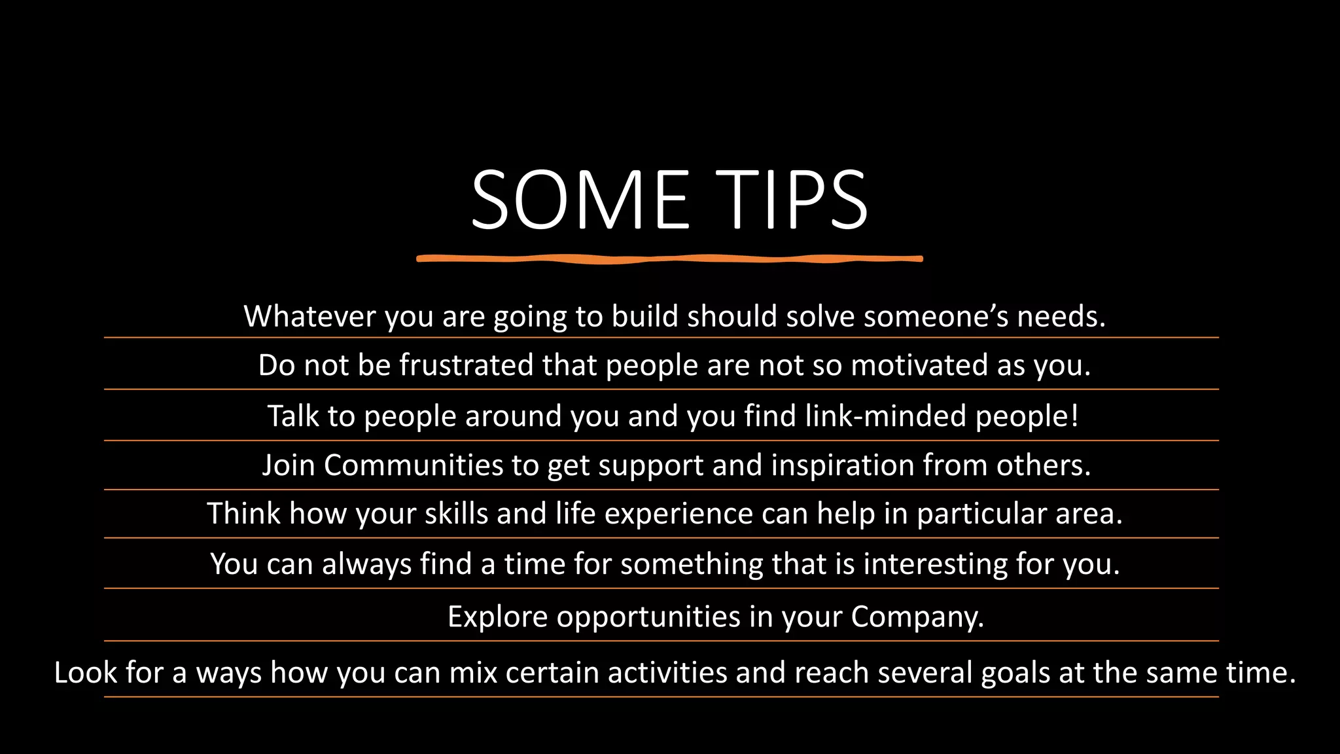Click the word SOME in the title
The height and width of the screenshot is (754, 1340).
tap(580, 200)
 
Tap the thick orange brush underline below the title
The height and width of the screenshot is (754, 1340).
tap(669, 259)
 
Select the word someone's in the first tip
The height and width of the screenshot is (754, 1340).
tap(936, 316)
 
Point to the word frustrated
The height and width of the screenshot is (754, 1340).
tap(466, 365)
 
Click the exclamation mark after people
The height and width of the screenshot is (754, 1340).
tap(1075, 416)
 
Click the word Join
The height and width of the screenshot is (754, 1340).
tap(288, 465)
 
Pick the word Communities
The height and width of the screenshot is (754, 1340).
tap(414, 465)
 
